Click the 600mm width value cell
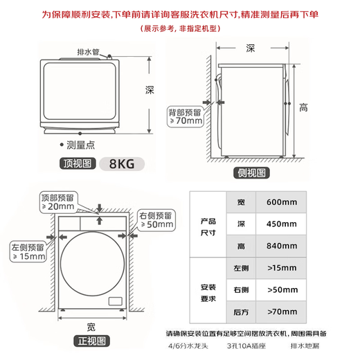[281, 202]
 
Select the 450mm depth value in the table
[281, 224]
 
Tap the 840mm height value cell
[281, 246]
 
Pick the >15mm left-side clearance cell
[281, 268]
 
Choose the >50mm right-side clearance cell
[281, 290]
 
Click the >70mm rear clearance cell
[281, 312]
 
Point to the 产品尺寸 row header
[208, 227]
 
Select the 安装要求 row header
[208, 293]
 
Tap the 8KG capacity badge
[122, 164]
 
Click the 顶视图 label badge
[78, 163]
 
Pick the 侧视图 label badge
[251, 173]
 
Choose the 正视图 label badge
[91, 341]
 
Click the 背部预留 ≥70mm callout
[186, 117]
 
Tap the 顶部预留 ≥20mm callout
[58, 202]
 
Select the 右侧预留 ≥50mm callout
[156, 220]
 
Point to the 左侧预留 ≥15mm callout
[28, 251]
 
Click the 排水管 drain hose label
[88, 52]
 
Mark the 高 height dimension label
[303, 108]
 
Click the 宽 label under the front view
[91, 327]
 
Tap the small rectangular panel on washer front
[116, 301]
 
